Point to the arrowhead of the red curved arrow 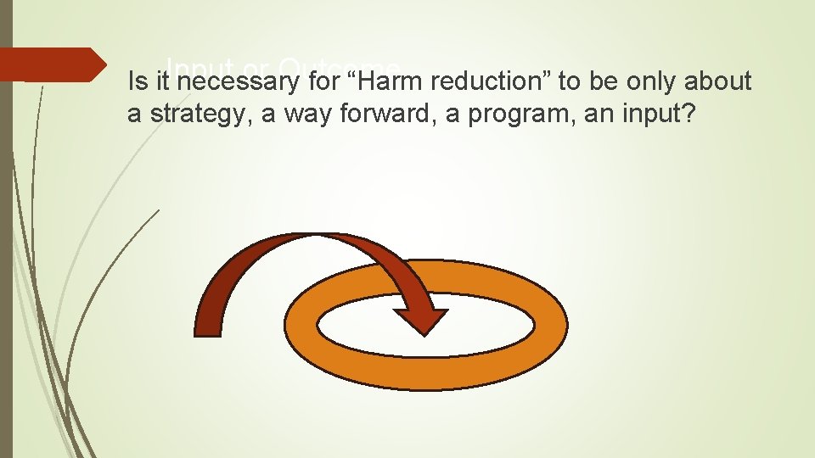pos(421,318)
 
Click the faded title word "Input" pos(194,66)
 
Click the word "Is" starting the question pos(136,81)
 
